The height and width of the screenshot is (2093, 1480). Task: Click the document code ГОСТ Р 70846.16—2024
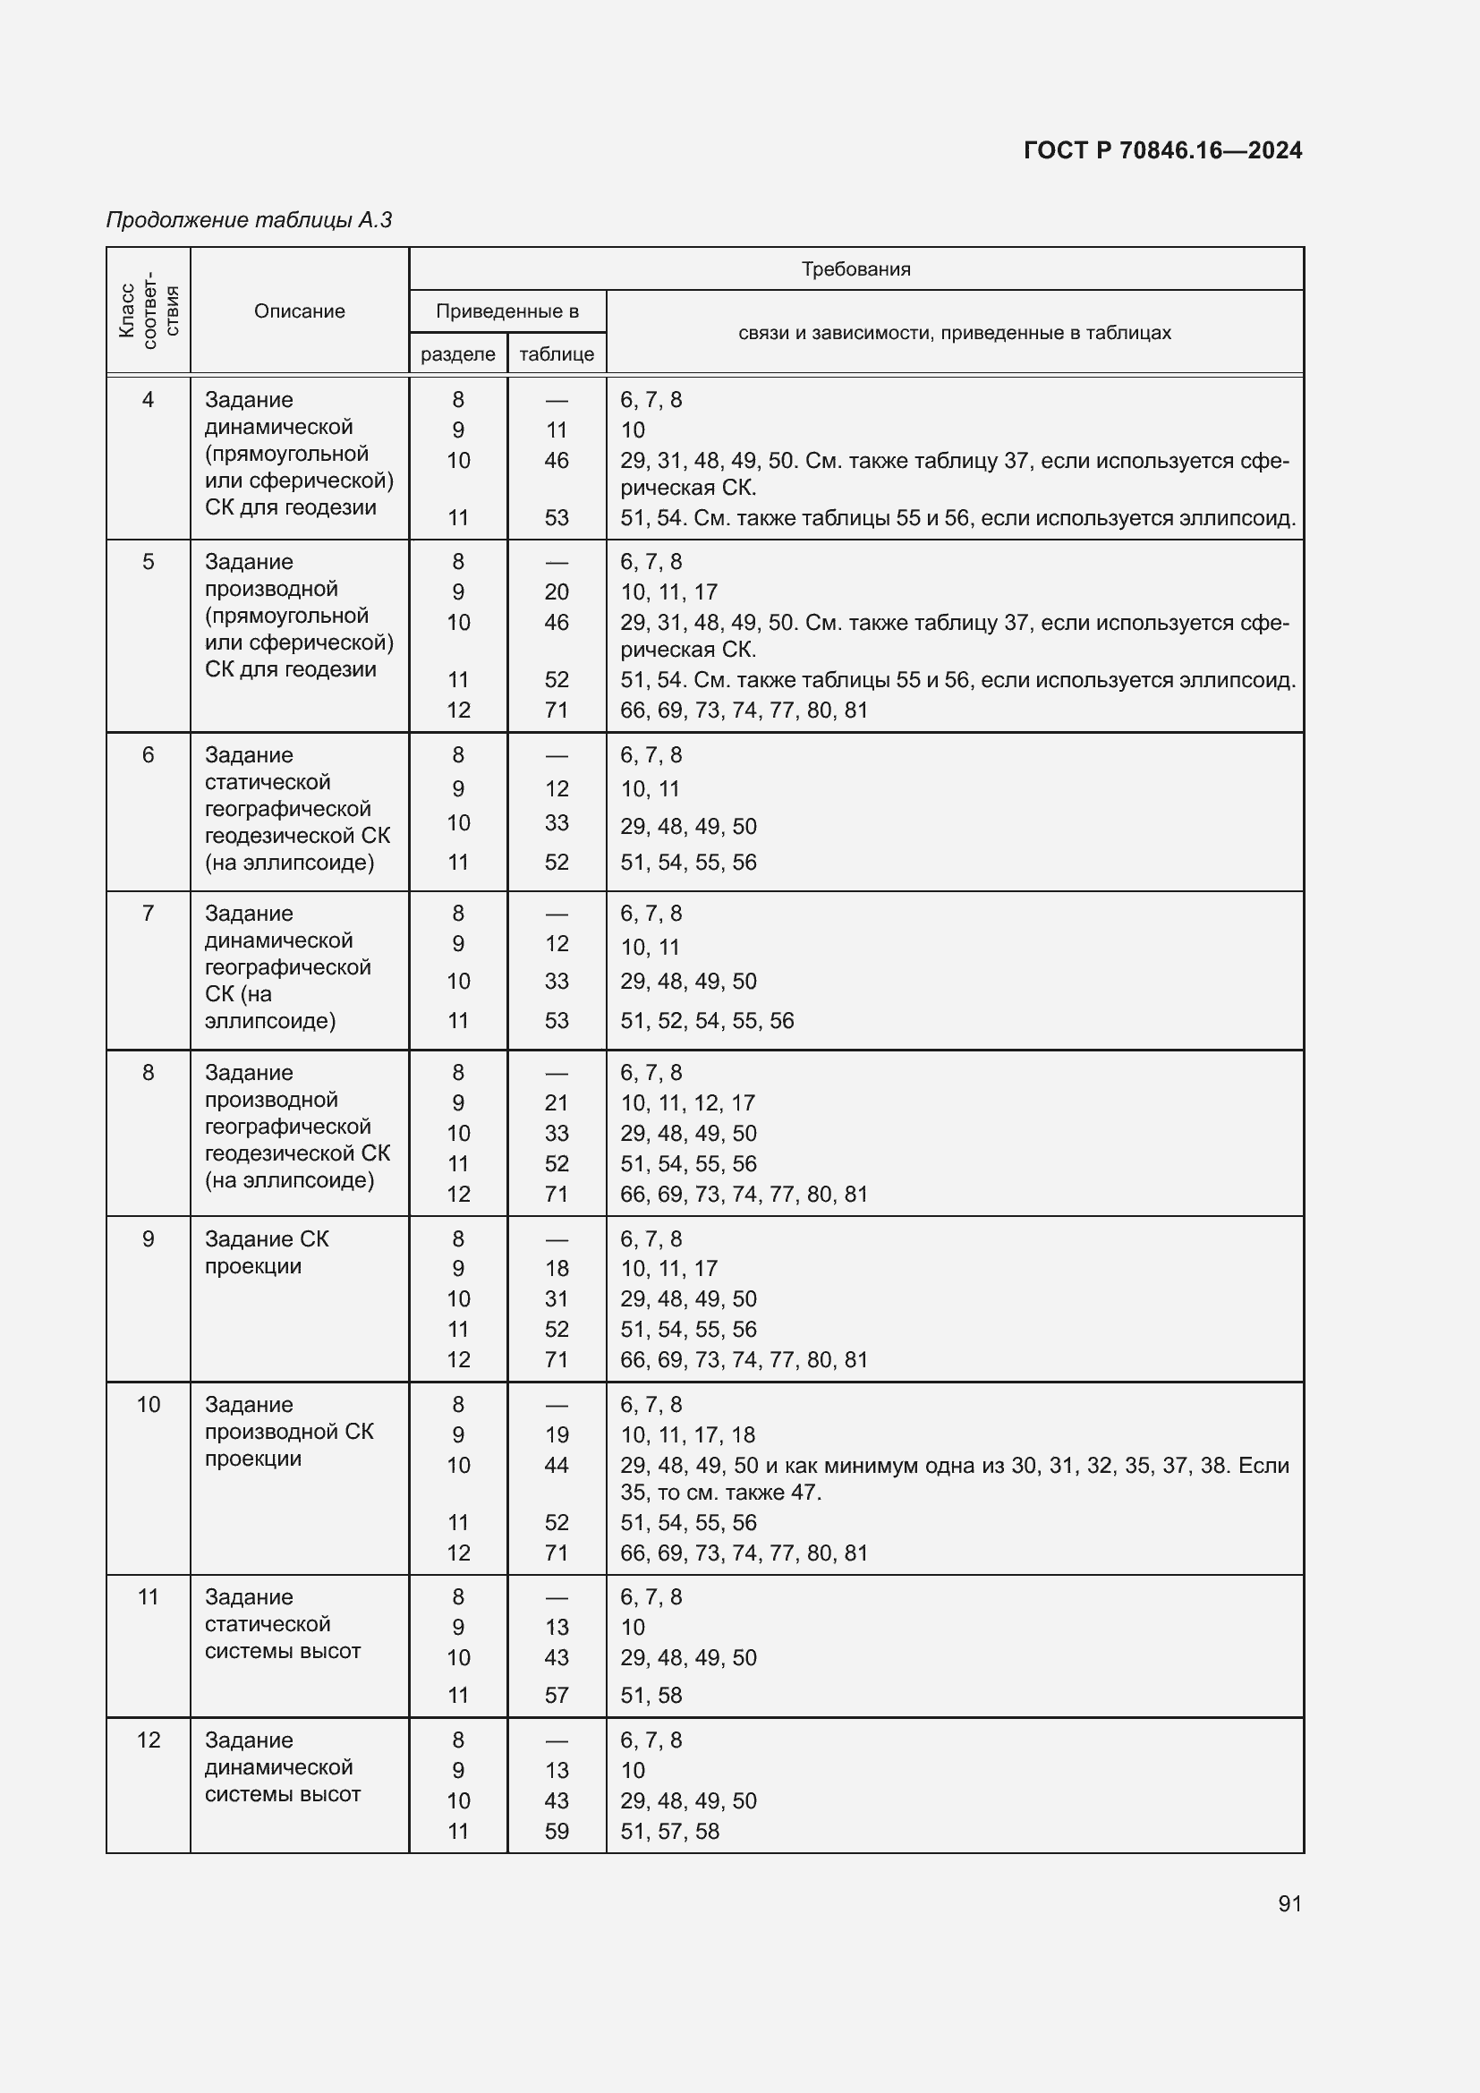coord(1162,150)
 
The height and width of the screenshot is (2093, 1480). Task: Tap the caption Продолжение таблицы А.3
coord(249,220)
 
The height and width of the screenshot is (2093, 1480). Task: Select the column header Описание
coord(299,311)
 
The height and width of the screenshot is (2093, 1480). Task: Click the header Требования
coord(855,269)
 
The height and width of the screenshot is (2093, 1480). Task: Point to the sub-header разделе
coord(457,353)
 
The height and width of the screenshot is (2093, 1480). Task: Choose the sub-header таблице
coord(556,353)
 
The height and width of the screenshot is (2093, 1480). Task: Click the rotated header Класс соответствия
coord(149,311)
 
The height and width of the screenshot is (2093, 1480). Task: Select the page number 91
coord(1289,1903)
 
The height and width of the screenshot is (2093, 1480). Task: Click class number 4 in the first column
coord(148,399)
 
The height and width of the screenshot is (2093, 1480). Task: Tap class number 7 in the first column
coord(148,914)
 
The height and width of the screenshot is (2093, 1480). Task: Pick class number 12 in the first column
coord(148,1740)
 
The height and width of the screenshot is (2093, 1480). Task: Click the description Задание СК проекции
coord(266,1253)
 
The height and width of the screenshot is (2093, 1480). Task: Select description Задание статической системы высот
coord(283,1624)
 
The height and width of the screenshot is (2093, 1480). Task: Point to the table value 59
coord(556,1832)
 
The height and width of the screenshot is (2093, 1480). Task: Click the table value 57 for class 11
coord(556,1696)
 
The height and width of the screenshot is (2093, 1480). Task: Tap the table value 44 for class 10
coord(556,1465)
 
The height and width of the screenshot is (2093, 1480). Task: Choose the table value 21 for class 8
coord(556,1103)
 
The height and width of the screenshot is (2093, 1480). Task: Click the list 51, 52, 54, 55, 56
coord(707,1021)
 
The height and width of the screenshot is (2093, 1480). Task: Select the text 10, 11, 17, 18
coord(687,1434)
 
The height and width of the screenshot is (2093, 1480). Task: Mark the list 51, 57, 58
coord(670,1832)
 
